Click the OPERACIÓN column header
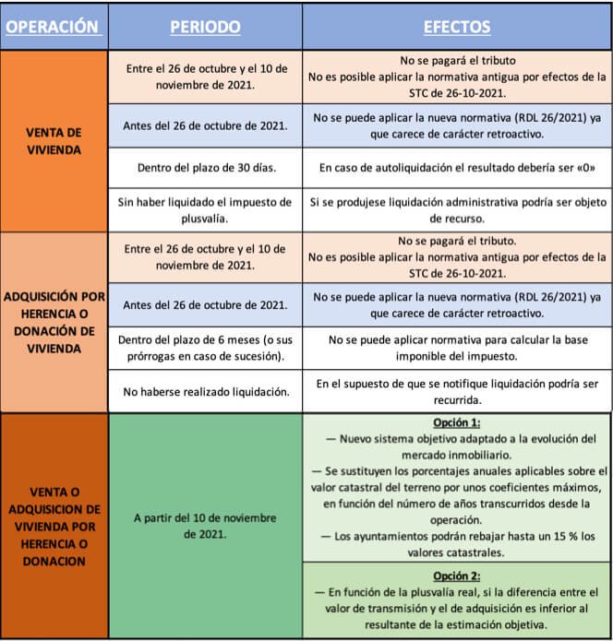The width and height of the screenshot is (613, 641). click(x=53, y=28)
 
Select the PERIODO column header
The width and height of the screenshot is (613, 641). click(x=204, y=28)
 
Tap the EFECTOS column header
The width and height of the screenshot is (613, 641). click(x=457, y=28)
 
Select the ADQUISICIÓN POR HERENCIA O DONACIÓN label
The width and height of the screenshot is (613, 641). click(x=54, y=323)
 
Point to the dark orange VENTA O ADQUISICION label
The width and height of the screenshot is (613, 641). click(x=54, y=527)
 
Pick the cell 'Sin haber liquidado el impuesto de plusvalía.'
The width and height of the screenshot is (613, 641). click(x=204, y=208)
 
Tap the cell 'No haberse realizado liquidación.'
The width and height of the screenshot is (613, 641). click(x=204, y=392)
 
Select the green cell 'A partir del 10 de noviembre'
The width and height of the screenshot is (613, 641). click(x=204, y=526)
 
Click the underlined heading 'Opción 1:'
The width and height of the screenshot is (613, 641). click(x=458, y=422)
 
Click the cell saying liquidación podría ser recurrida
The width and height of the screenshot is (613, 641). click(x=458, y=391)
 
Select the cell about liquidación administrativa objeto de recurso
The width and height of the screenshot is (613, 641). click(x=458, y=208)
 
